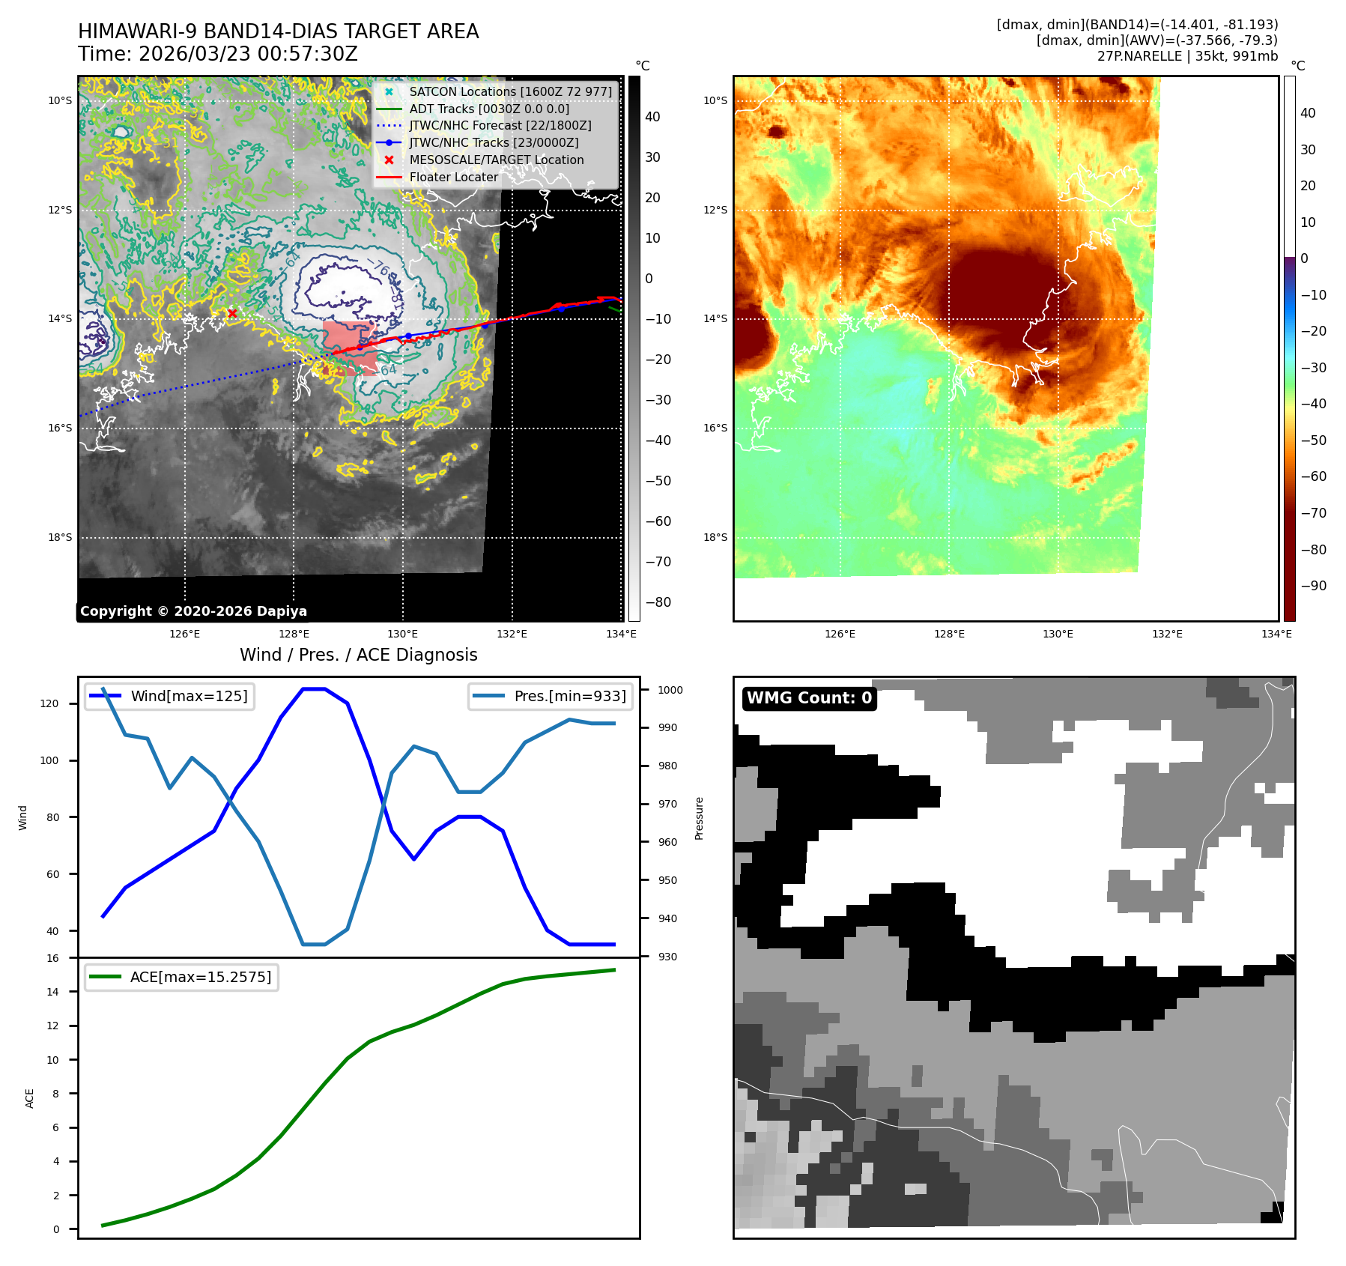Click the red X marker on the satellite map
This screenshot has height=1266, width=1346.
pos(232,313)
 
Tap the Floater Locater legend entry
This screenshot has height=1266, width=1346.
pos(453,177)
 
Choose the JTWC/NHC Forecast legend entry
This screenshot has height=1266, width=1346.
pos(500,126)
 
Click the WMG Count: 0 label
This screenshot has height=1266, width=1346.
pos(809,698)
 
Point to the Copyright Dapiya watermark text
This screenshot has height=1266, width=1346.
pos(193,611)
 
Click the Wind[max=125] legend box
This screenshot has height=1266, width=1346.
pos(170,696)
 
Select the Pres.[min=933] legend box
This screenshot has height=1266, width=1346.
pos(551,696)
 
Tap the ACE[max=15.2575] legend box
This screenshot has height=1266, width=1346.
pos(182,977)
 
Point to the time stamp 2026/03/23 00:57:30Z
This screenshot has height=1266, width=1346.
pos(248,55)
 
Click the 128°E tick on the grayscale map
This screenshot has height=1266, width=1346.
pos(294,634)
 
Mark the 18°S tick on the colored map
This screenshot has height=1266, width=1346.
pos(715,537)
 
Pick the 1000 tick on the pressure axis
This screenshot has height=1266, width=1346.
pos(670,690)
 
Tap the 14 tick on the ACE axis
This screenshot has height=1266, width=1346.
pos(52,992)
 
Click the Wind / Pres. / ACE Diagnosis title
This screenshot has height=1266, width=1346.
pos(358,655)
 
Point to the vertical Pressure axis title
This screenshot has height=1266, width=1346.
pos(699,818)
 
